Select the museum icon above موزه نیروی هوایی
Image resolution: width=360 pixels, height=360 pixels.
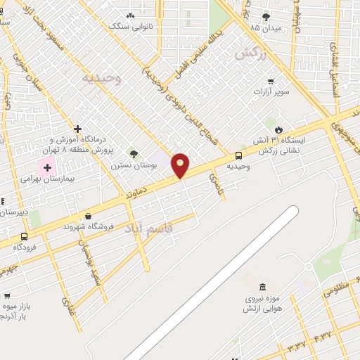tap(262, 288)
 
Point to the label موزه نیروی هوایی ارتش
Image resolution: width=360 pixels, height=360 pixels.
tap(262, 303)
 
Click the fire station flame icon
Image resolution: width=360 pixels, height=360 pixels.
tap(279, 129)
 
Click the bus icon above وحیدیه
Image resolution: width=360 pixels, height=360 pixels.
tap(239, 155)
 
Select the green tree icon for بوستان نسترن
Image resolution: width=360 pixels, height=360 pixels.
tap(134, 154)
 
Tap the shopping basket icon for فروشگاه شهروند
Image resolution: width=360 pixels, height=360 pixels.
tap(88, 216)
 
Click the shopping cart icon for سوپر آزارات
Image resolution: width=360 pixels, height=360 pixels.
tap(271, 80)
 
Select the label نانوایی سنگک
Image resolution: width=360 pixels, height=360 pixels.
tap(129, 25)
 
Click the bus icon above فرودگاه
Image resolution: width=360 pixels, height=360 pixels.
tap(25, 236)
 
